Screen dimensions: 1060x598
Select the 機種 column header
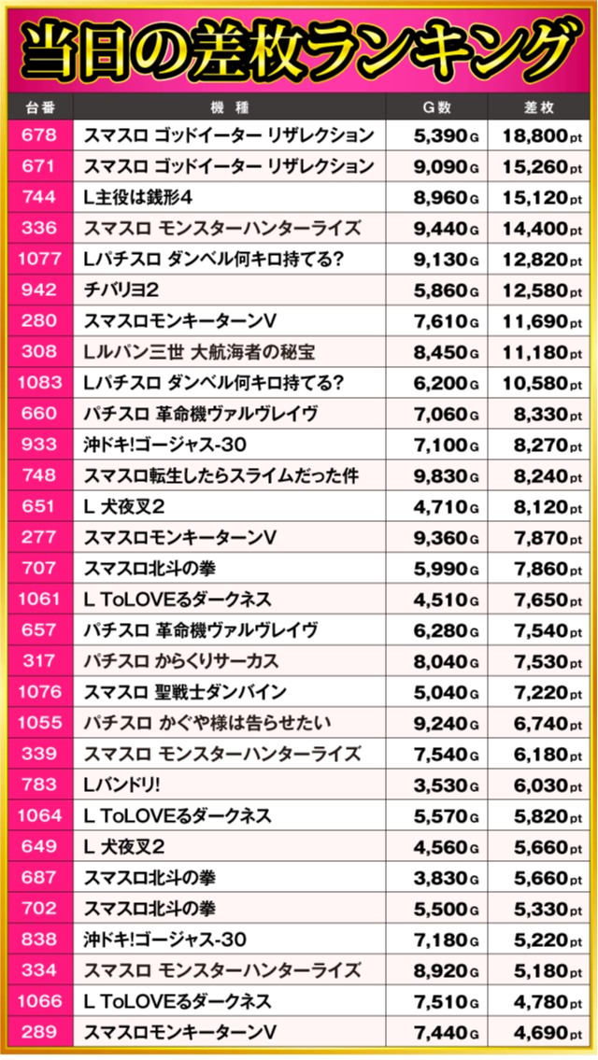[232, 107]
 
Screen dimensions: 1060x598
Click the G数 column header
[439, 107]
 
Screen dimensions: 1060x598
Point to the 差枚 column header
[540, 107]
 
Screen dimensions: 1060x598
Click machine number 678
[38, 135]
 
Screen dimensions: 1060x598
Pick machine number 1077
[38, 259]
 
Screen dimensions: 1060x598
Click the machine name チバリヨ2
[121, 290]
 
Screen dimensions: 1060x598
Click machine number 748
[38, 475]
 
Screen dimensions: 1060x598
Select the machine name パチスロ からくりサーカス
[181, 661]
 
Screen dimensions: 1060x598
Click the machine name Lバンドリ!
[121, 784]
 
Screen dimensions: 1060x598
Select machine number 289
[38, 1032]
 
